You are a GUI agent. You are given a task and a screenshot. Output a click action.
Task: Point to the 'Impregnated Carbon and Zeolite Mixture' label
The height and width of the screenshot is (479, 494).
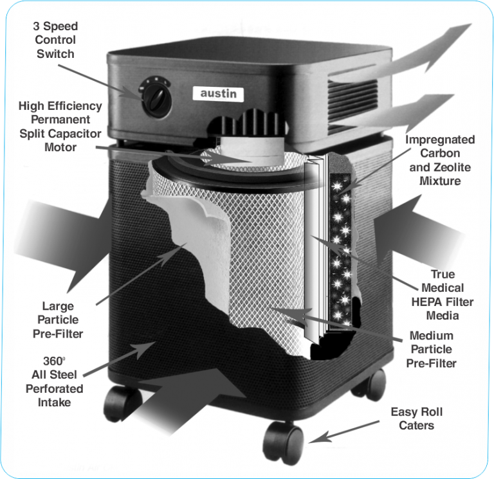click(x=440, y=160)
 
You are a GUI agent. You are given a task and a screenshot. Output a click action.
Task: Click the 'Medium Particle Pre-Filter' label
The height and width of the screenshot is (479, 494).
click(x=431, y=350)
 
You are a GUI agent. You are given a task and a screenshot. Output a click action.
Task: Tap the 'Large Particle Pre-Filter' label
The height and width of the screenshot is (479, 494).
click(x=58, y=320)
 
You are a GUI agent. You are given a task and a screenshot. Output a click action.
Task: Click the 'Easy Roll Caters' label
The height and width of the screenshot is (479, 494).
click(x=416, y=419)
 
